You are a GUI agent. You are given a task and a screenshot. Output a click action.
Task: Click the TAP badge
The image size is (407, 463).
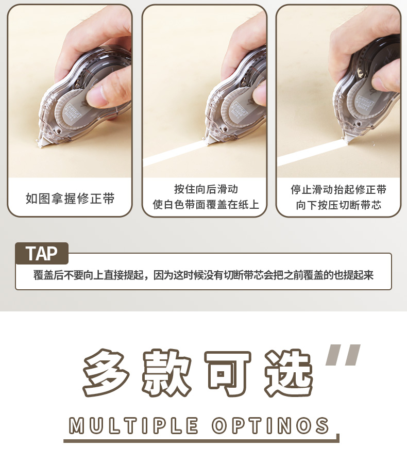click(42, 253)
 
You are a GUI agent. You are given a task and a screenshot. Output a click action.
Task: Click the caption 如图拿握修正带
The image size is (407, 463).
click(70, 199)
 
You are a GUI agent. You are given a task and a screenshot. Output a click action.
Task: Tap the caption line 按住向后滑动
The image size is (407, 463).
click(206, 189)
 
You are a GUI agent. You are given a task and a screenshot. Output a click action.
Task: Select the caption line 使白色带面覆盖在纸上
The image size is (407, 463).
click(206, 204)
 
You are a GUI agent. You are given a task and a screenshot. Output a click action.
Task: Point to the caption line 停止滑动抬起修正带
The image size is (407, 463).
click(338, 189)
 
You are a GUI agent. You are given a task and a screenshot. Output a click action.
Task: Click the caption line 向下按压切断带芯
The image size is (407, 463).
click(338, 205)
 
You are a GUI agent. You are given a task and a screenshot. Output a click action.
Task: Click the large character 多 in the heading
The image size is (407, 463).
click(106, 373)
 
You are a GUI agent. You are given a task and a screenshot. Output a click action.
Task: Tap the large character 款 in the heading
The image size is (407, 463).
click(167, 373)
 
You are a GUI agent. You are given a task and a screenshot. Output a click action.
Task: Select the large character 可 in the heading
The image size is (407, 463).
click(228, 373)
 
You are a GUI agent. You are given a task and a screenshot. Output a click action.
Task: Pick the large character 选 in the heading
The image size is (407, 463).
click(289, 373)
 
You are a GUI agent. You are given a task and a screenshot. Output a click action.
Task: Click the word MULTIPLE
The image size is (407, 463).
click(133, 425)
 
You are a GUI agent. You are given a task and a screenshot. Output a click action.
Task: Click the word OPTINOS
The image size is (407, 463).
click(270, 425)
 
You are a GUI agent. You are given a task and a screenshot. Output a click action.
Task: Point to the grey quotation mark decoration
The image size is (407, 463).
click(343, 355)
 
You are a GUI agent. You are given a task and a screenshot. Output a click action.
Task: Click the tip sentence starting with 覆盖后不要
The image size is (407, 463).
click(203, 275)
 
